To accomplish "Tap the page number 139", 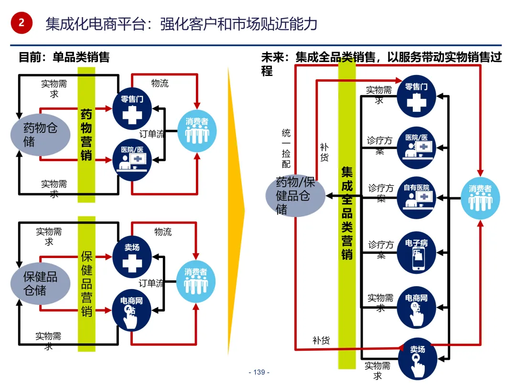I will (x=259, y=372).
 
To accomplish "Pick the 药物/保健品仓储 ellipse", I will (x=295, y=195).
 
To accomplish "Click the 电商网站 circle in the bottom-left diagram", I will (x=131, y=312).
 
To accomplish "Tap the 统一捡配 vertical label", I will (x=286, y=148).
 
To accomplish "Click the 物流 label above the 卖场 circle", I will (x=163, y=232).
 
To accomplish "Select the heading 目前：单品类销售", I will (x=64, y=57).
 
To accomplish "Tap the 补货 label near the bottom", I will (x=321, y=341).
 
